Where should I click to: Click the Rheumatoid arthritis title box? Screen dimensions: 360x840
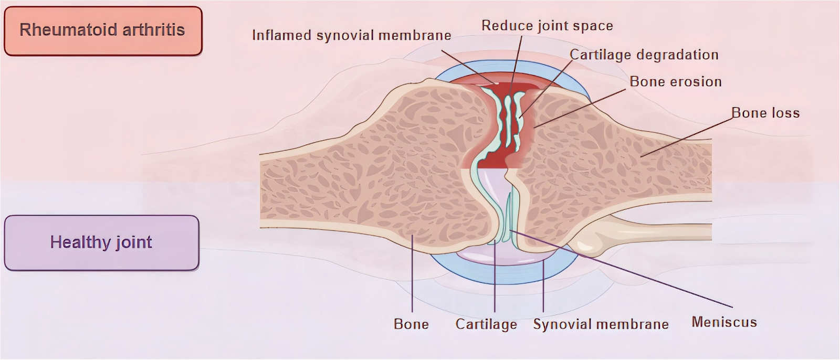point(103,30)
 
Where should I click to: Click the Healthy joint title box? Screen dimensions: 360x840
point(101,242)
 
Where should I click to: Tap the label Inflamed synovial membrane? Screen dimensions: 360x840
point(351,35)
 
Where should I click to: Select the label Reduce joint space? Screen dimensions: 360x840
point(547,26)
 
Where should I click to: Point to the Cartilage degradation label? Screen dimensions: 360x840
point(644,55)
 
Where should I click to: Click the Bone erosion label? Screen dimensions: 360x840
point(675,82)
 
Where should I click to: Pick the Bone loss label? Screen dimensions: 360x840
point(765,113)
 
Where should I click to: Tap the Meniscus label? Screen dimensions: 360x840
point(724,322)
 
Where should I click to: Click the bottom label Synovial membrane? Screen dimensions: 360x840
point(601,324)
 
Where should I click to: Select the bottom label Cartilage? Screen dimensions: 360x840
point(486,324)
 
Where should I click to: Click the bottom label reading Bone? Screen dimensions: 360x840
point(411,324)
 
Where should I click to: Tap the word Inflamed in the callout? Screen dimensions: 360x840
point(281,35)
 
